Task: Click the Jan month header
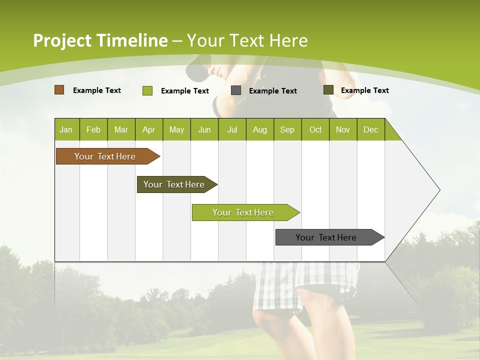coord(66,129)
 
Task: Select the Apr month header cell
coord(148,129)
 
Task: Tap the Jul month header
coord(232,129)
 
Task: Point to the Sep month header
coord(287,129)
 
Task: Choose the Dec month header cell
coord(370,129)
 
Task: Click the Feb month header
coord(93,129)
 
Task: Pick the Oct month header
coord(315,129)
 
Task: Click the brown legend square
coord(59,90)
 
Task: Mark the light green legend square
coord(147,90)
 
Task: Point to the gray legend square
coord(236,90)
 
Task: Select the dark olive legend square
coord(328,90)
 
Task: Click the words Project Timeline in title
coord(100,40)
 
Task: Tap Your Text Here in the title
coord(247,40)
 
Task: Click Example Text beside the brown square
coord(97,90)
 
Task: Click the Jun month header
coord(204,129)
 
